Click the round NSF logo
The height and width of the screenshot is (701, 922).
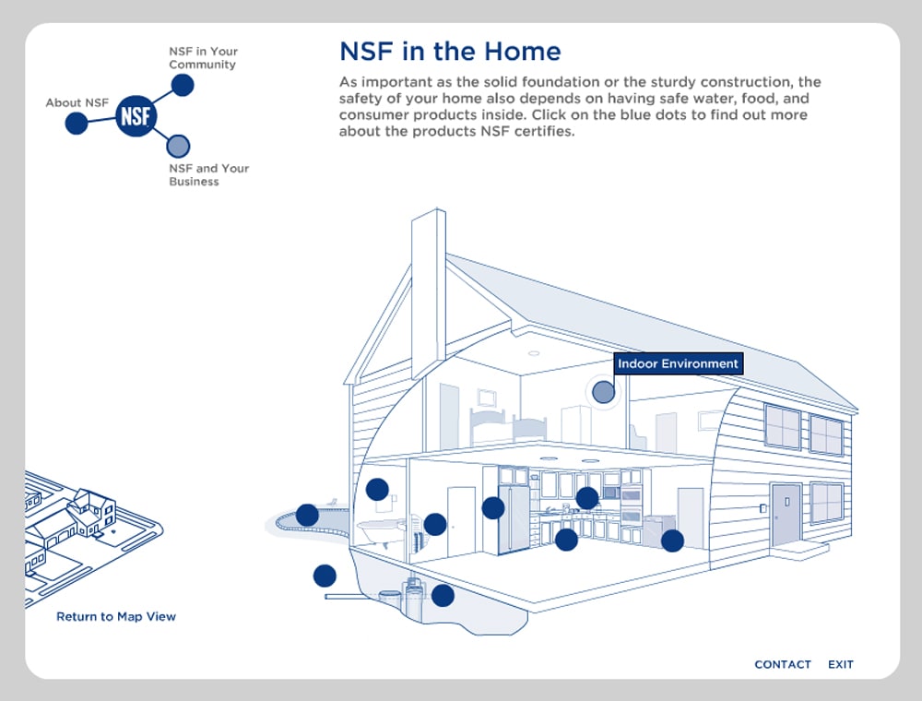point(136,116)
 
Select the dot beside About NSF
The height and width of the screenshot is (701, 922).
point(77,123)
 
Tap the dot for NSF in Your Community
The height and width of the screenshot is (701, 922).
point(183,85)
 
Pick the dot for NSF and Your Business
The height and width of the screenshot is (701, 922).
point(178,146)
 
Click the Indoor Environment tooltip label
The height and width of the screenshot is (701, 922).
point(678,363)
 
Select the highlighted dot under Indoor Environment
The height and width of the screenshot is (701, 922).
point(602,392)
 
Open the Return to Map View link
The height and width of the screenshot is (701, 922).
point(116,617)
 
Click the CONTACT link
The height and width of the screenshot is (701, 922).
point(783,664)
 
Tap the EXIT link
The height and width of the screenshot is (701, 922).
point(841,664)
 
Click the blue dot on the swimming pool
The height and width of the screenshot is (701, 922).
point(307,515)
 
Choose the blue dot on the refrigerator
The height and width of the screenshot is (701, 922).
point(493,507)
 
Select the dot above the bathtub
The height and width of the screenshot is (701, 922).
point(377,489)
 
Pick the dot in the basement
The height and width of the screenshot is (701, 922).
point(443,595)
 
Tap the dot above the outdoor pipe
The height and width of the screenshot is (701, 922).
point(325,576)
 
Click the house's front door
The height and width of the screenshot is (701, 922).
point(786,514)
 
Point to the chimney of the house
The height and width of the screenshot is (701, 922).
point(429,286)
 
